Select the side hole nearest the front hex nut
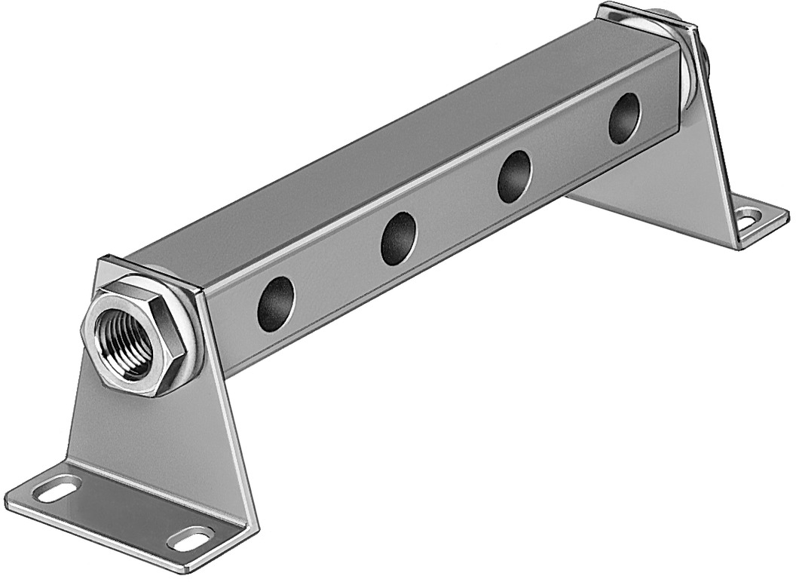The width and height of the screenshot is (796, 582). [276, 304]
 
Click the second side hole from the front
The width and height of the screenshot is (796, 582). [399, 238]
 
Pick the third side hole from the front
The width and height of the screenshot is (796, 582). [515, 176]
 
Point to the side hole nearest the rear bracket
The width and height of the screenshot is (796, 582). [623, 118]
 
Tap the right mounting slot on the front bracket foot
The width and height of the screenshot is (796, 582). [190, 538]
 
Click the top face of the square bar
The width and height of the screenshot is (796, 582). [392, 151]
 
